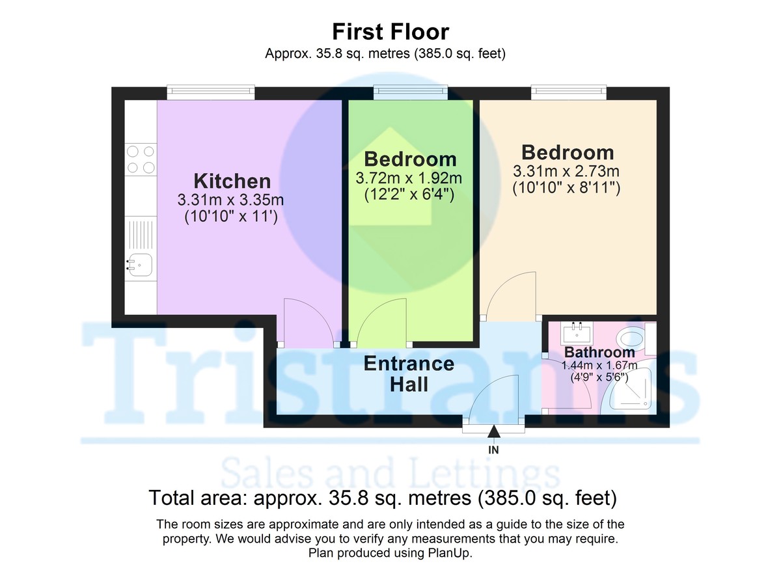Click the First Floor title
point(390,31)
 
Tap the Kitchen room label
point(232,181)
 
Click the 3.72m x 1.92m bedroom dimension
point(409,177)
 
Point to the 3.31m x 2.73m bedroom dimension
point(566,172)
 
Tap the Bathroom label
point(599,353)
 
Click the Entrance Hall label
point(409,373)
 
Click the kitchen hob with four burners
point(141,159)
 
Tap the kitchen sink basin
point(139,265)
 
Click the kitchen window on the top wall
point(210,93)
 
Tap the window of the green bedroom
point(411,93)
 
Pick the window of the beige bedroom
point(569,93)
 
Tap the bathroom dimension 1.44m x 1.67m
point(599,366)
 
